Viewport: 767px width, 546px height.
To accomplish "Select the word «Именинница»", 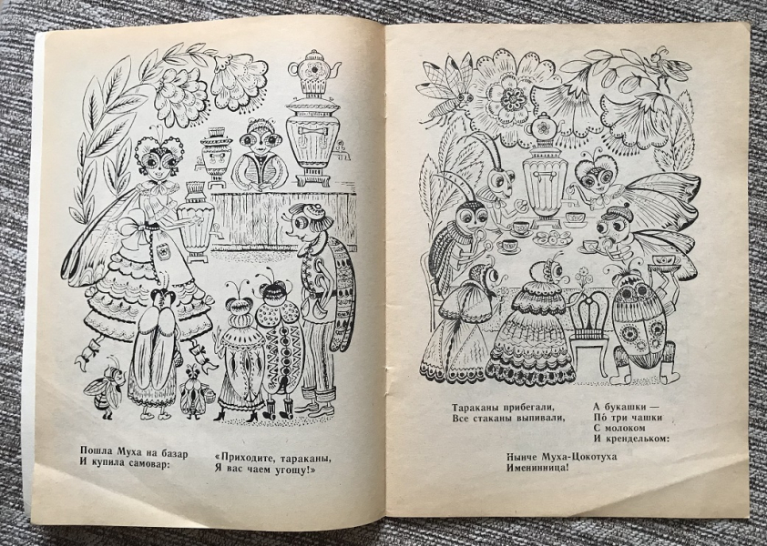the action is (x=537, y=468).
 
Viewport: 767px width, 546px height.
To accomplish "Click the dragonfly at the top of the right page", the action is (x=445, y=93).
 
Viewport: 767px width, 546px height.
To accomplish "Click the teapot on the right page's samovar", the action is (x=544, y=128).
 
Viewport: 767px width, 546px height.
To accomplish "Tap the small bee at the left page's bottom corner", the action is (x=105, y=389).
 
